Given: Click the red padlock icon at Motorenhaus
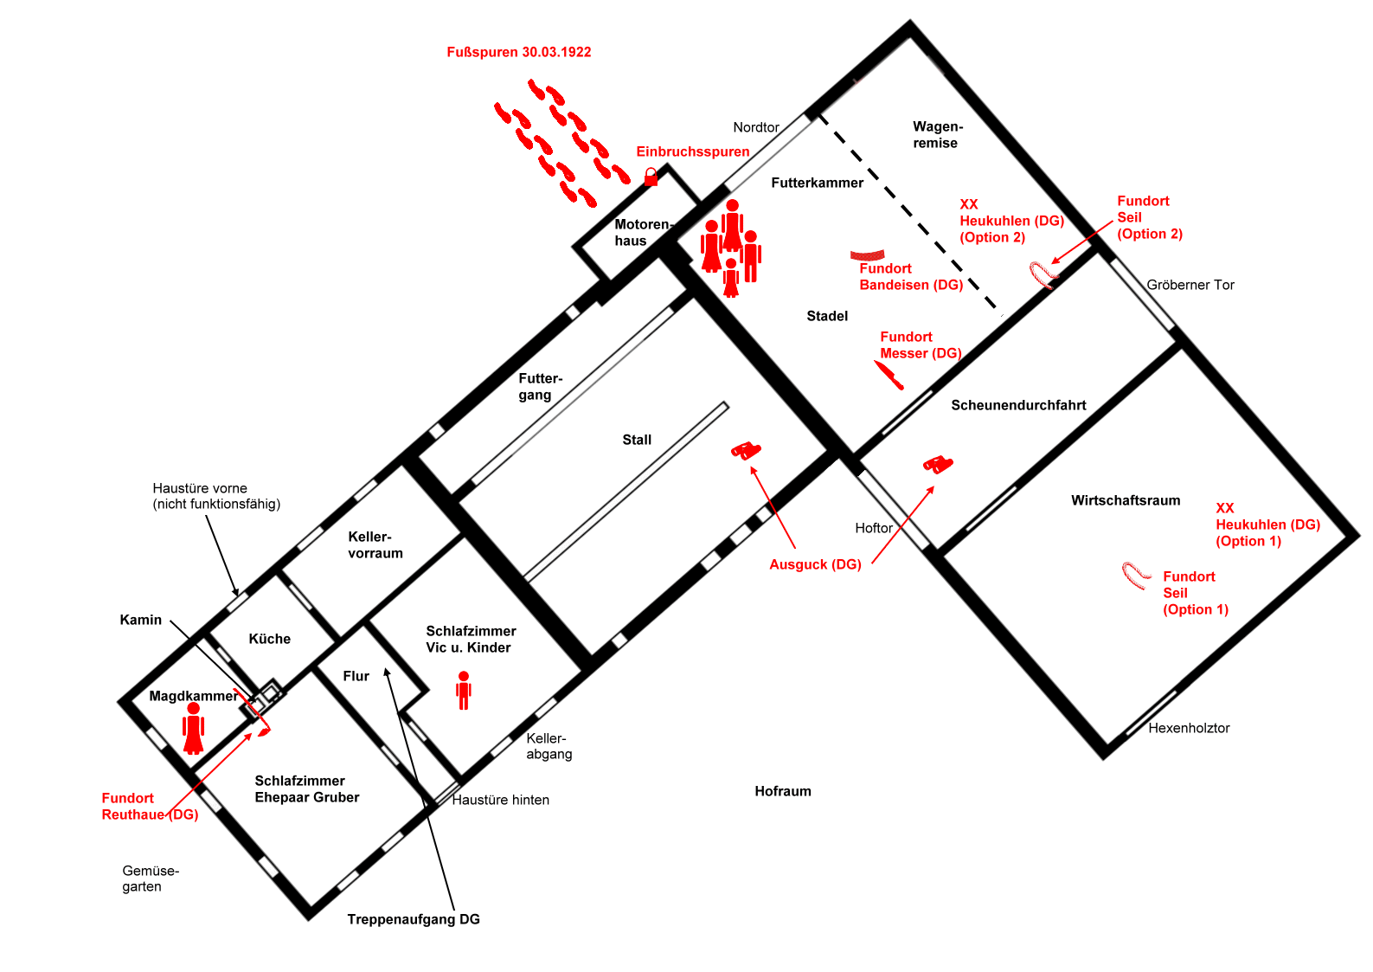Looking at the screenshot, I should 651,177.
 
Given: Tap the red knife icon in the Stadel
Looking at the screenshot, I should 889,375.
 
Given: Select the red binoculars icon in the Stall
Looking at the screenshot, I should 746,450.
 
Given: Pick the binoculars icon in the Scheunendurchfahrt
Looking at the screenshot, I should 938,465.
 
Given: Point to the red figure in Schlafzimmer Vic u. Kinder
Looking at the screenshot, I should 464,690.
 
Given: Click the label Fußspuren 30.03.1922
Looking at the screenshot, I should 519,52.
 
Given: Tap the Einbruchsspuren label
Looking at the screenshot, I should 693,151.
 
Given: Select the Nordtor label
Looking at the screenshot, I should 756,127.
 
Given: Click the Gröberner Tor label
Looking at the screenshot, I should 1190,285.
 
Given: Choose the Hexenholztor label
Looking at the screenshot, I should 1189,728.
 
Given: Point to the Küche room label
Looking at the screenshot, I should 270,639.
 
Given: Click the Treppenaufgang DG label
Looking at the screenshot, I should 414,919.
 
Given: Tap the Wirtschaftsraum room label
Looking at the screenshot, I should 1126,500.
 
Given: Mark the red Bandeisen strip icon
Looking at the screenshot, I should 867,254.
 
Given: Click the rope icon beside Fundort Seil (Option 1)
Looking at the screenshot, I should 1135,575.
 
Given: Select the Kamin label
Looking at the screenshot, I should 141,620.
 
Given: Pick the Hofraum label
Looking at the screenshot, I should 783,791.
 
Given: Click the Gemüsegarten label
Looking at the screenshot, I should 151,879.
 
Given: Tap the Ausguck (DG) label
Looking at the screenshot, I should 815,564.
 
